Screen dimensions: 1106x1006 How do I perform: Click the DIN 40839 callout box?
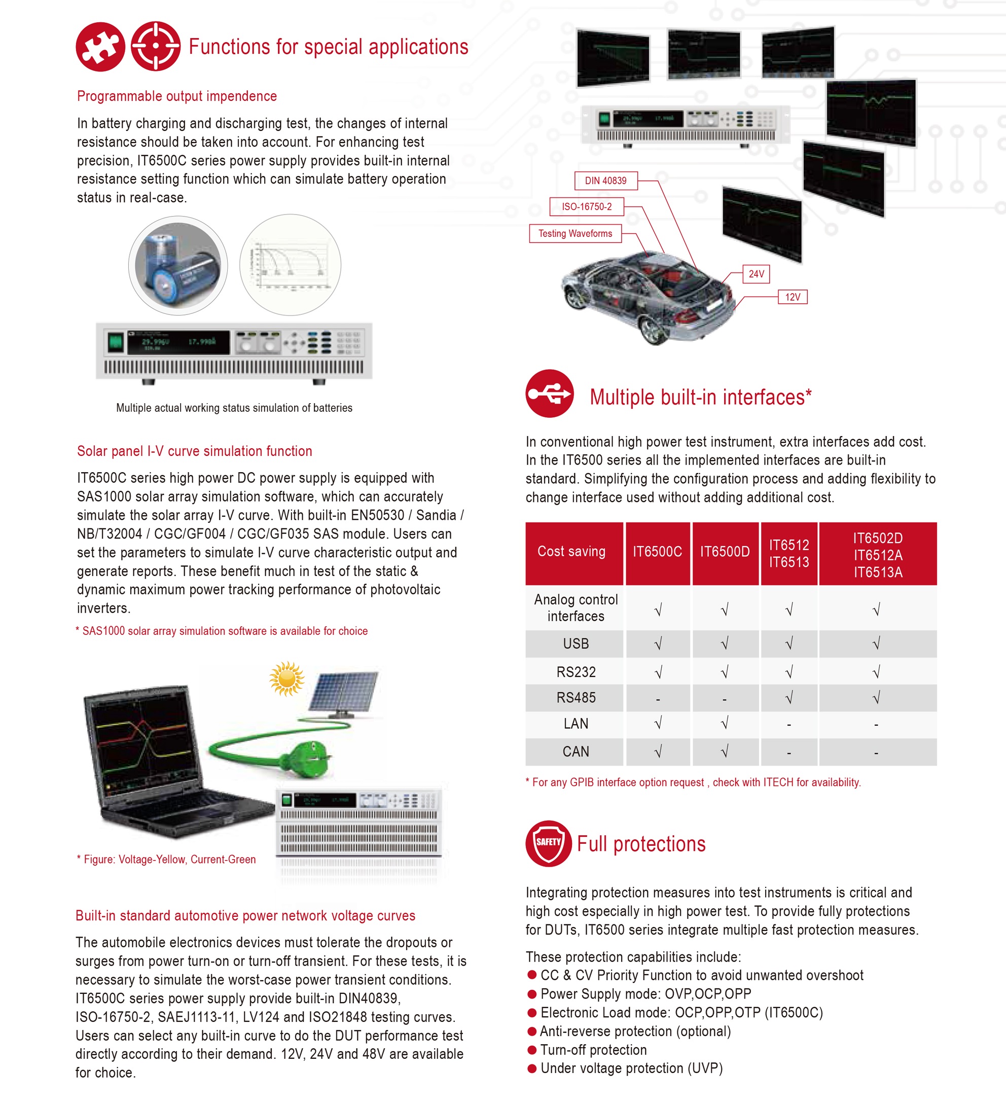pyautogui.click(x=605, y=181)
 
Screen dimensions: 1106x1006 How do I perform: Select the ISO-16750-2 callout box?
pyautogui.click(x=586, y=207)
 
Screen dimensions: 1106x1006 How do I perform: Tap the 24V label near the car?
pyautogui.click(x=756, y=274)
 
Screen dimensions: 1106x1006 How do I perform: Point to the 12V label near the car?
pyautogui.click(x=792, y=297)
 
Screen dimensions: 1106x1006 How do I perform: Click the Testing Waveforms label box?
pyautogui.click(x=575, y=234)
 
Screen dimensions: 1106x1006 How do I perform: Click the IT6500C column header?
pyautogui.click(x=657, y=552)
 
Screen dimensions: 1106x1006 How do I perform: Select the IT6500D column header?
pyautogui.click(x=725, y=552)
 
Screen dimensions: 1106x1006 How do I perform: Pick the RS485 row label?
pyautogui.click(x=576, y=698)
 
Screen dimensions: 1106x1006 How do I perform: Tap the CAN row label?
pyautogui.click(x=576, y=752)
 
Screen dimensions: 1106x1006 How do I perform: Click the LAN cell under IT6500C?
pyautogui.click(x=658, y=724)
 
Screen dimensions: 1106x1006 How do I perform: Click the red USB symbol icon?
pyautogui.click(x=550, y=394)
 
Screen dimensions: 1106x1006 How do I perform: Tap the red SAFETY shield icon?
pyautogui.click(x=548, y=843)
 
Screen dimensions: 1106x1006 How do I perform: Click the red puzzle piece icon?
pyautogui.click(x=100, y=47)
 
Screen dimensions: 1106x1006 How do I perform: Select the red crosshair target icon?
pyautogui.click(x=156, y=47)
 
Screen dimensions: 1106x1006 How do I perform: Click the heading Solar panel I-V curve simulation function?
pyautogui.click(x=194, y=451)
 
